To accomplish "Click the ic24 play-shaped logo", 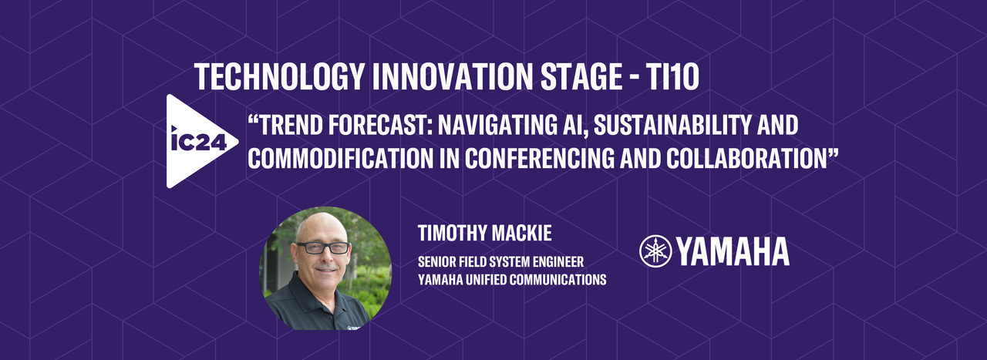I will coord(193,142).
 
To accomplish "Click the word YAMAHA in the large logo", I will coord(733,251).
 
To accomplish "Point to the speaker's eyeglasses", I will coord(322,248).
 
